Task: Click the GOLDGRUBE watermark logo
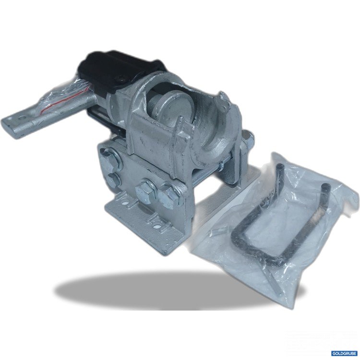tap(344, 353)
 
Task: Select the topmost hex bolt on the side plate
tap(111, 159)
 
